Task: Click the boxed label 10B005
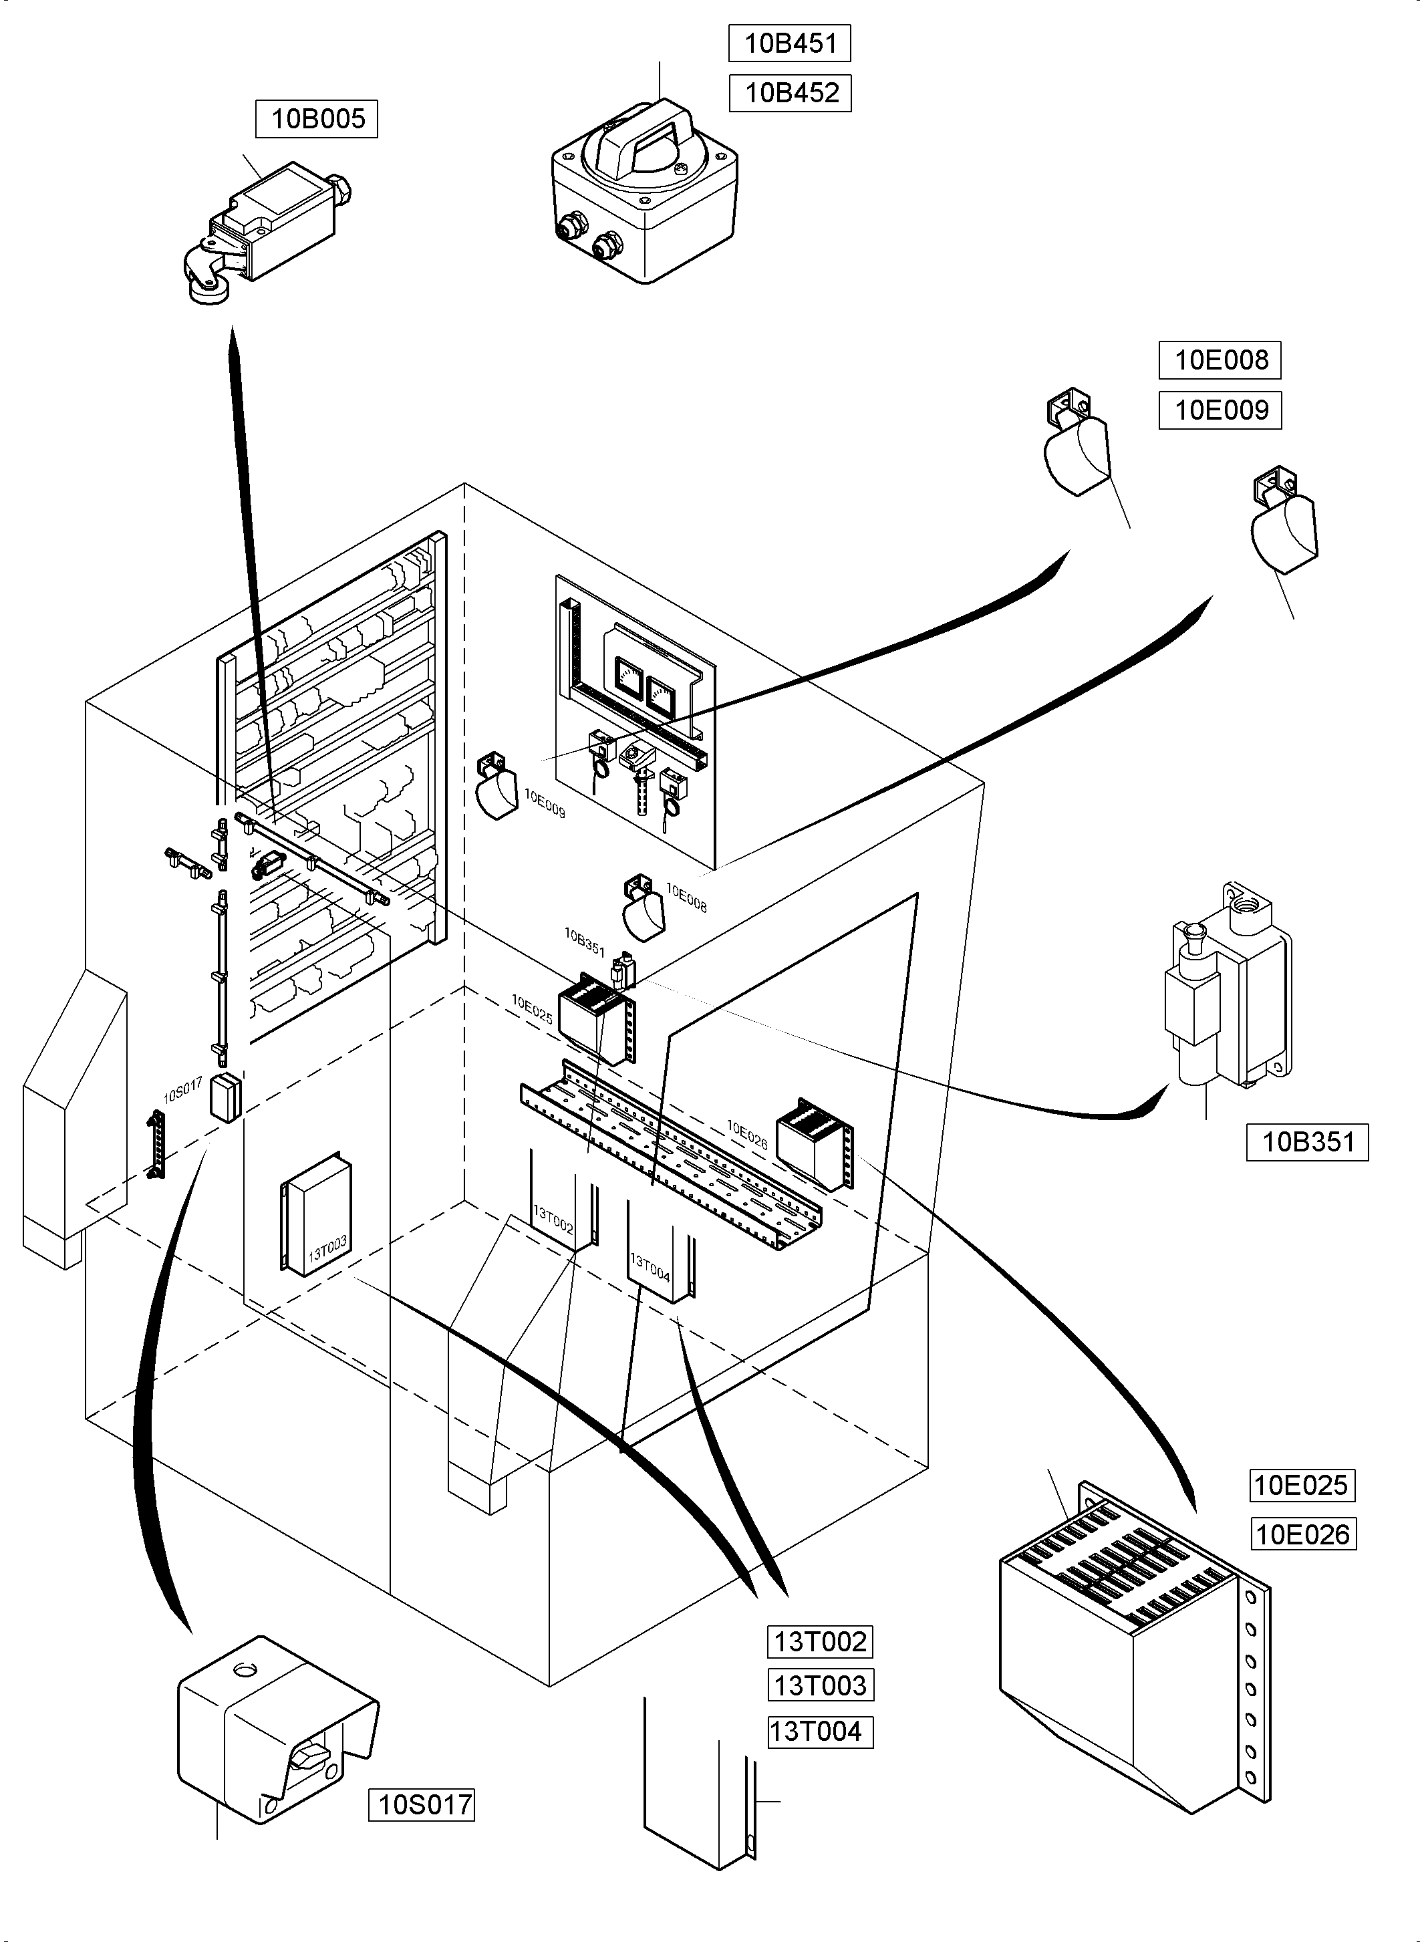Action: click(x=316, y=119)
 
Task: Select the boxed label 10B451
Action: click(x=789, y=44)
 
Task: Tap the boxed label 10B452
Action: click(x=790, y=93)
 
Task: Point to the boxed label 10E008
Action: click(x=1220, y=360)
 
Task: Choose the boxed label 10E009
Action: click(x=1220, y=410)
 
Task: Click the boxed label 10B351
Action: click(x=1306, y=1143)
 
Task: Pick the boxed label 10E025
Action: click(x=1301, y=1485)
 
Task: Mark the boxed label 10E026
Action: click(x=1302, y=1534)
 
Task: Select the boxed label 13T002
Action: click(x=820, y=1641)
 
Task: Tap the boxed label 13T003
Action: click(x=820, y=1685)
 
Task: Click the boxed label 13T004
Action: click(x=820, y=1731)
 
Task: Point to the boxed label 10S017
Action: click(x=421, y=1804)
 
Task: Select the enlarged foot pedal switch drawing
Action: click(x=277, y=1728)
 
